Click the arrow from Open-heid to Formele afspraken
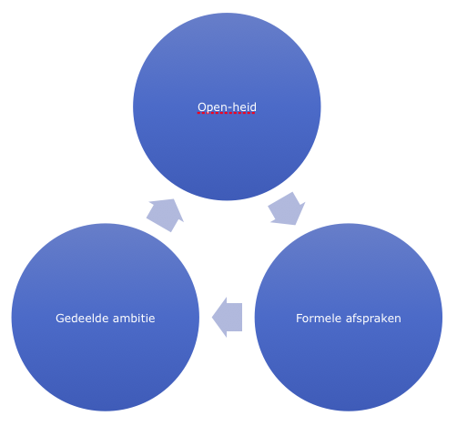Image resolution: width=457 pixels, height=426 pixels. pyautogui.click(x=287, y=209)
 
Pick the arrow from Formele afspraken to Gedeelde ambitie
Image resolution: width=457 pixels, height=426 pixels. pyautogui.click(x=227, y=318)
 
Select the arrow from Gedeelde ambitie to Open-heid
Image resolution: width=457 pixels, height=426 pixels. pyautogui.click(x=166, y=215)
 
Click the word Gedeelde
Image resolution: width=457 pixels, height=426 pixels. pyautogui.click(x=82, y=319)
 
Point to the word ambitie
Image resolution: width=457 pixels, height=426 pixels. pyautogui.click(x=134, y=319)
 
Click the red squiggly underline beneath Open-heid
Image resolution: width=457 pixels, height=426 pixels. pyautogui.click(x=227, y=113)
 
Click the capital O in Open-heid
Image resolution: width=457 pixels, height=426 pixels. pyautogui.click(x=202, y=107)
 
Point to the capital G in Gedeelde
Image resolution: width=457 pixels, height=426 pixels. pyautogui.click(x=60, y=319)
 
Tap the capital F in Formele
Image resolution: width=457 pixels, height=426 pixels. pyautogui.click(x=300, y=319)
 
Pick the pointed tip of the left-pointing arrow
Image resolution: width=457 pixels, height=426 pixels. pyautogui.click(x=212, y=318)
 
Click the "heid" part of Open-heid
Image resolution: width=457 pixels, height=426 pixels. pyautogui.click(x=243, y=106)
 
